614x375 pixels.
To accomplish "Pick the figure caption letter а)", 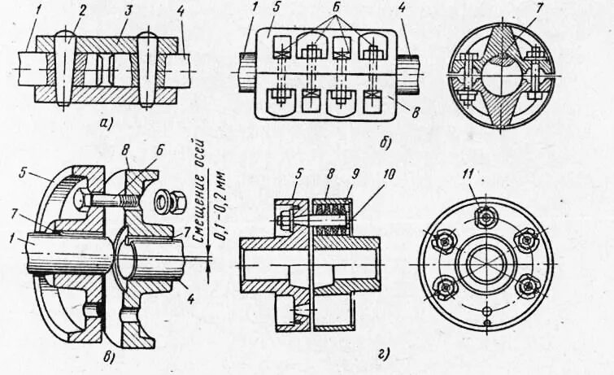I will [x=103, y=124].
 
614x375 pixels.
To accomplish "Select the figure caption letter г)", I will [x=381, y=352].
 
